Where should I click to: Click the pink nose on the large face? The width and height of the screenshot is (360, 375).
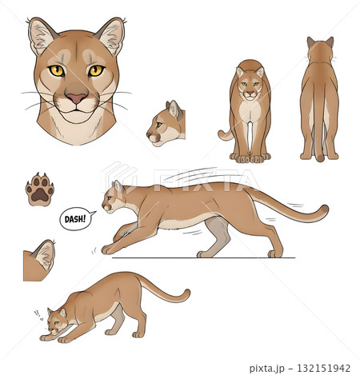tap(77, 98)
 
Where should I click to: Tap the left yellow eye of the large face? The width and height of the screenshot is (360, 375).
tap(57, 70)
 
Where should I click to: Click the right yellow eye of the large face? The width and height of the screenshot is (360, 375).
tap(96, 70)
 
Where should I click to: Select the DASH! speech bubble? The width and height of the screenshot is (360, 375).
tap(77, 219)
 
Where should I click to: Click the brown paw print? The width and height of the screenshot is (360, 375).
tap(40, 189)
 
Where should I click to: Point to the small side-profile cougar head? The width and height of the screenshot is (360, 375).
tap(166, 123)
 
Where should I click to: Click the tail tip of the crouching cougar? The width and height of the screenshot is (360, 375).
tap(186, 293)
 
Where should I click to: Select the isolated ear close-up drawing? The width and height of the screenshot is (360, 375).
tap(39, 260)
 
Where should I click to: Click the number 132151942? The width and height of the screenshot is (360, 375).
tap(323, 368)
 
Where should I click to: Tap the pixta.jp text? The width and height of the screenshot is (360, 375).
tap(266, 369)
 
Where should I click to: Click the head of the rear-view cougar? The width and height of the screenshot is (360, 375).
tap(320, 50)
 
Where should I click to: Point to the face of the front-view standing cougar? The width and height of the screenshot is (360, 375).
tap(250, 83)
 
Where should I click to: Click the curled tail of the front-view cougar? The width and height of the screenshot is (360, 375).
tap(226, 135)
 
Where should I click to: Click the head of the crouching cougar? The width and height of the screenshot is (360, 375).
tap(56, 321)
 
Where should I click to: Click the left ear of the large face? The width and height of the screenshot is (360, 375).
tap(42, 35)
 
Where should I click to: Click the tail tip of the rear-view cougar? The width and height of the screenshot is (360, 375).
tap(320, 158)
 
